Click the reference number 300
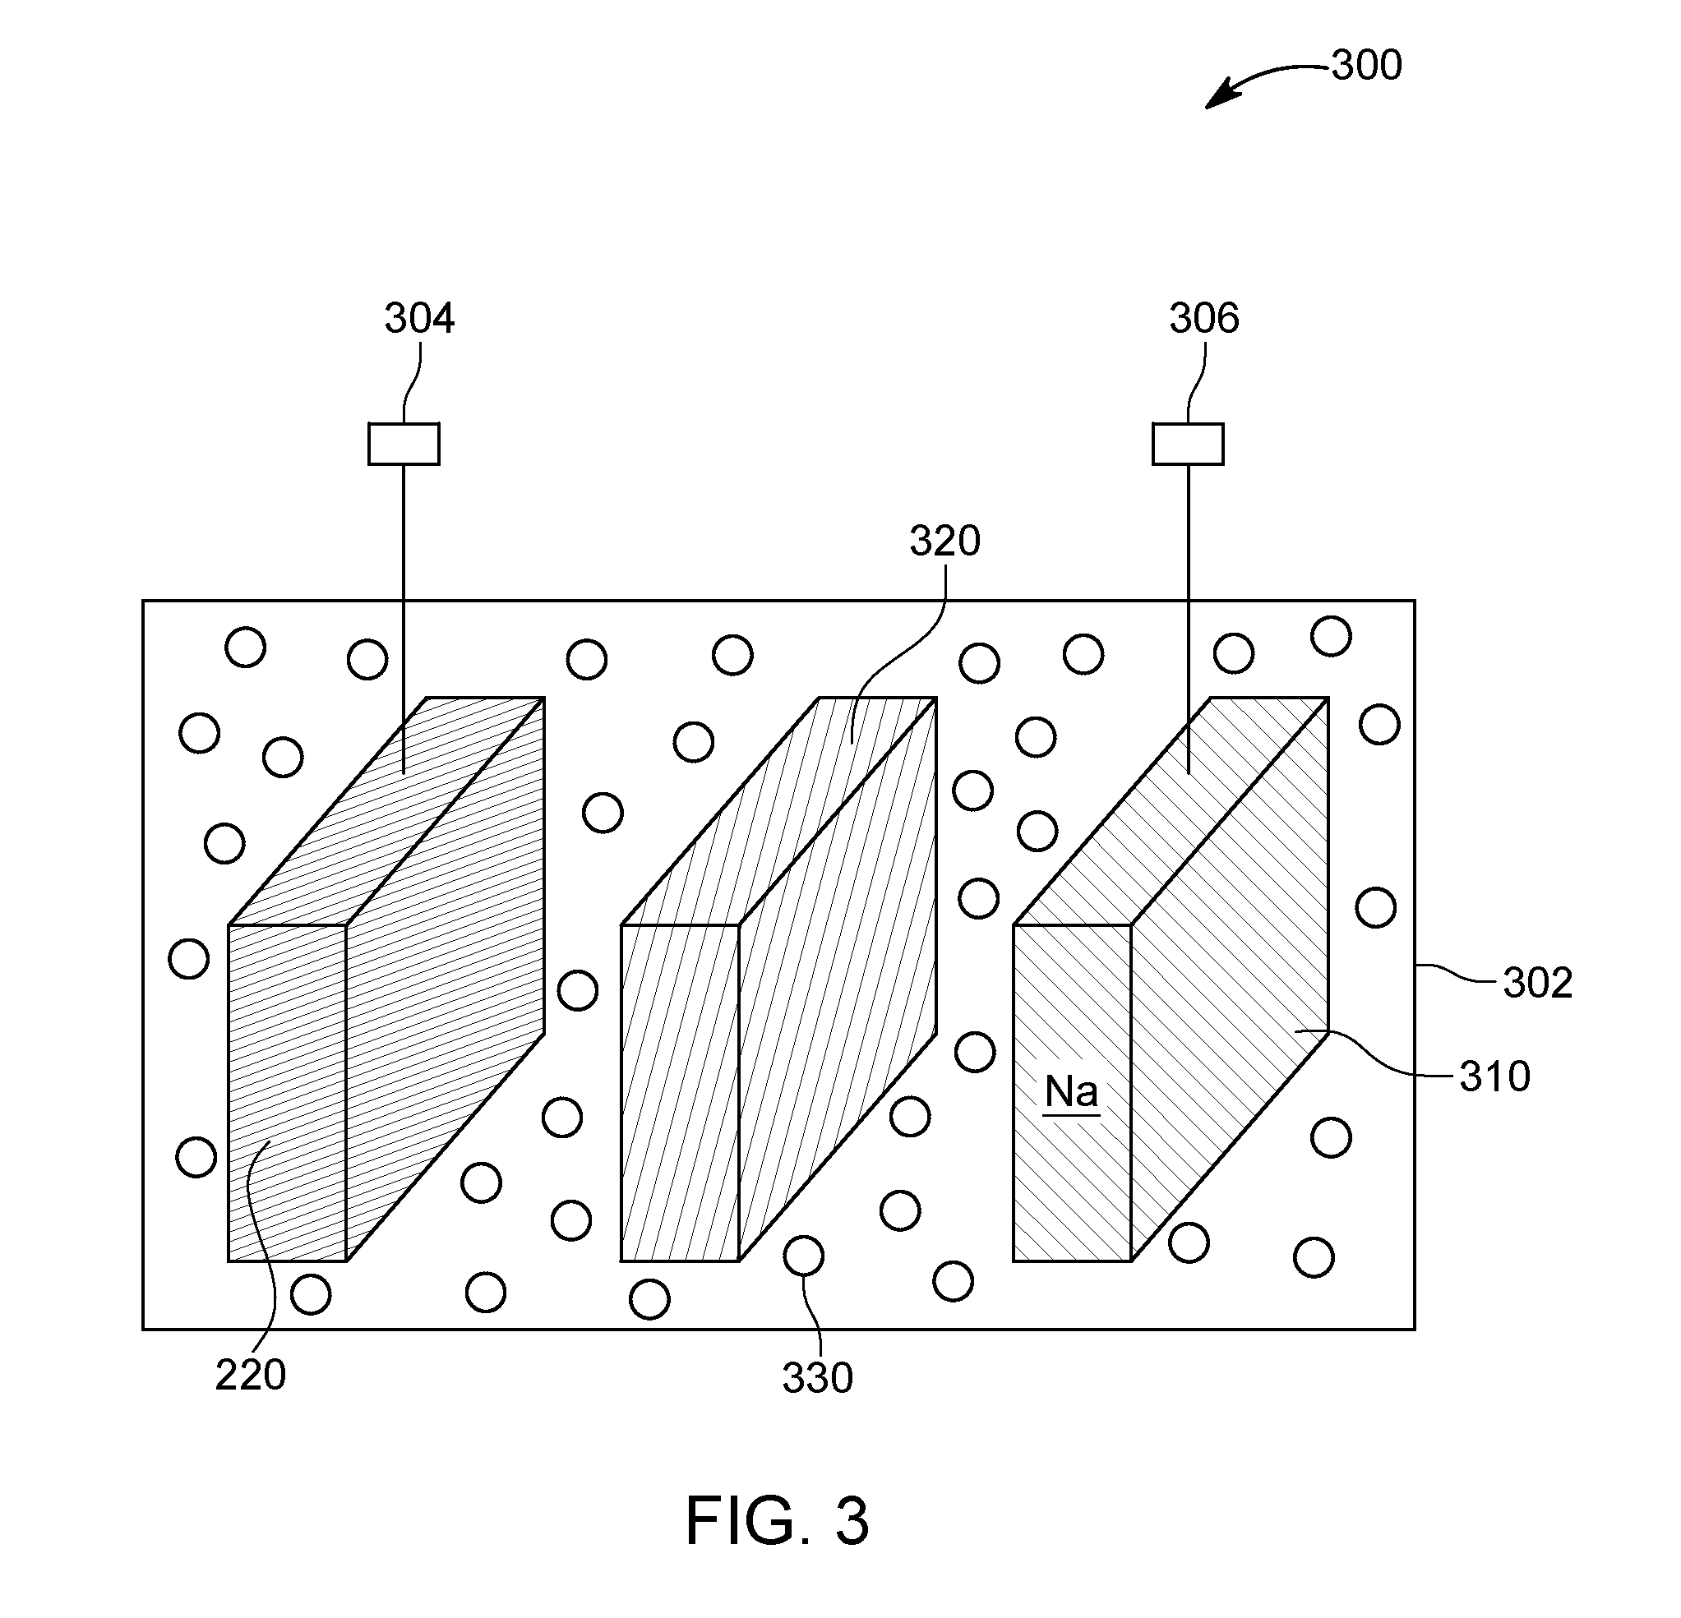tap(1366, 65)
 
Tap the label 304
tap(418, 318)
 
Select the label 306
tap(1204, 318)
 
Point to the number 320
tap(945, 541)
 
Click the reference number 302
tap(1538, 984)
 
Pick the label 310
tap(1495, 1077)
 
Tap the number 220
tap(251, 1376)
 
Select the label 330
tap(817, 1378)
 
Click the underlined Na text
tap(1071, 1092)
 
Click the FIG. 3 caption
tap(777, 1520)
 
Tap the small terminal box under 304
tap(404, 445)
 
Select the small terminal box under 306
tap(1188, 445)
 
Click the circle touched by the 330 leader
tap(804, 1256)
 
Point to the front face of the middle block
tap(680, 1092)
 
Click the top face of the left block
tap(387, 811)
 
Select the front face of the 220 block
tap(288, 1092)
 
